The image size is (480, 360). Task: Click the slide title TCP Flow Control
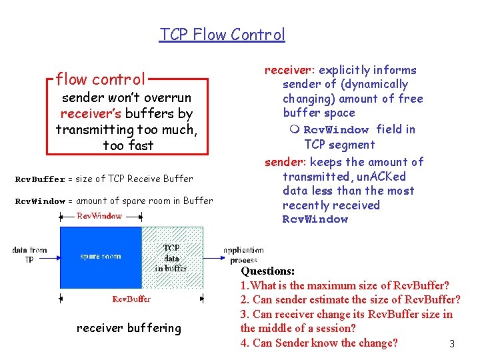click(222, 34)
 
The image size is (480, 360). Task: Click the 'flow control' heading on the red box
click(101, 79)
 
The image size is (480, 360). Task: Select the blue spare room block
click(100, 257)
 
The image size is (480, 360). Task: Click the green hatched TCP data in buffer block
click(173, 257)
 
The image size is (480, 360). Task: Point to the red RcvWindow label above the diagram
click(99, 216)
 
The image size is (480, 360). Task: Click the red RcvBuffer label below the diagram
click(131, 299)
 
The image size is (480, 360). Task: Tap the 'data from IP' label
click(29, 255)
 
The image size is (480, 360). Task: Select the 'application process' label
click(243, 255)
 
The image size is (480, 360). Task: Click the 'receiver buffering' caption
click(129, 328)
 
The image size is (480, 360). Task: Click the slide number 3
click(451, 344)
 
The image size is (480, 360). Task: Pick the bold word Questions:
click(267, 271)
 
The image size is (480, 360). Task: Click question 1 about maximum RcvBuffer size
click(345, 285)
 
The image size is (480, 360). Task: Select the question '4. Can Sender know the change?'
click(319, 343)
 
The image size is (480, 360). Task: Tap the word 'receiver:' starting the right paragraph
click(291, 70)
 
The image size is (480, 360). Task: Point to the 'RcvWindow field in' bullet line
click(359, 129)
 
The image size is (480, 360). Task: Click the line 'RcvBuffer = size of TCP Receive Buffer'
click(104, 179)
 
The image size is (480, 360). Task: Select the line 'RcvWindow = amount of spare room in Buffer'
click(114, 201)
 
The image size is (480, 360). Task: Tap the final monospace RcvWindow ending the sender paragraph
click(315, 219)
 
